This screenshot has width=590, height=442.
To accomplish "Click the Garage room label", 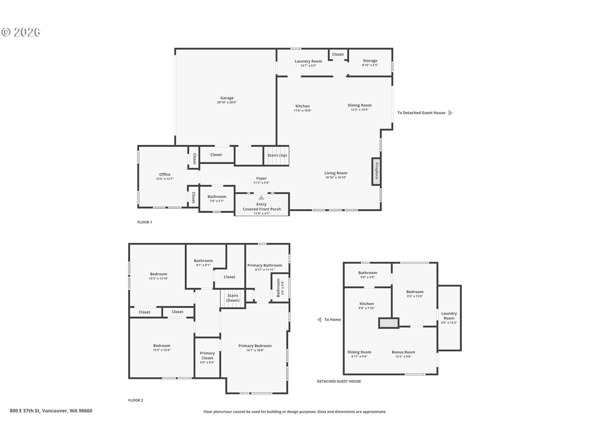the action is coord(227,98).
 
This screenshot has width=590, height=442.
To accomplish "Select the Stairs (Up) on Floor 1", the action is coord(277,156).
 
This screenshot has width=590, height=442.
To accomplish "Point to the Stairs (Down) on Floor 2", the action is coord(233,298).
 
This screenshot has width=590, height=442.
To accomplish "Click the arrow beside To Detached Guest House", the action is coord(450,113).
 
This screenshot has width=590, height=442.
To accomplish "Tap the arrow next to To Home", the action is coord(319,320).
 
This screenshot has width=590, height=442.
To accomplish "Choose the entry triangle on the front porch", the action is coord(261,198).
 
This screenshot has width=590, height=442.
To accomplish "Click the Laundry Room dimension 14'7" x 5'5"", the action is coord(309,66).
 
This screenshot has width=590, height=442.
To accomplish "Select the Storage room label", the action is coord(370,61).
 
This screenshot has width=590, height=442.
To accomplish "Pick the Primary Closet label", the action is coord(207,355).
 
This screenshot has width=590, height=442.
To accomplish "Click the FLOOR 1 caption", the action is coord(145,222).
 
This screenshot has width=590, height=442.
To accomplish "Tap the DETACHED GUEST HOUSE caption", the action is coord(339,381).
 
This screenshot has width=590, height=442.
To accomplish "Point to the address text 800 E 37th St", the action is coord(25,411).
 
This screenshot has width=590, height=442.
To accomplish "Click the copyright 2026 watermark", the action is coord(21,32).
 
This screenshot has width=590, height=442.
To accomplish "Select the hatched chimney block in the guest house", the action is coord(389,323).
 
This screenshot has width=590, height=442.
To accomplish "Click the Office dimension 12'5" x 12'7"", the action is coord(165,179).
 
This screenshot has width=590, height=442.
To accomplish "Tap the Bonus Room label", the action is coord(403,352).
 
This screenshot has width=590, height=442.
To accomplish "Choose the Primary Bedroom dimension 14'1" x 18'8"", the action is coord(255,350).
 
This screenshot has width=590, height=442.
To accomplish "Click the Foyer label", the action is coord(262,178).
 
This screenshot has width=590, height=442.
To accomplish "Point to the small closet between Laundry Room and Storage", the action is coord(338,54).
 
